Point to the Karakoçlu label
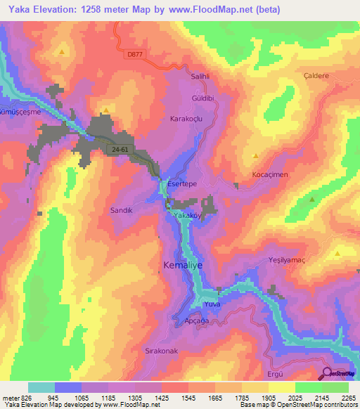(186, 119)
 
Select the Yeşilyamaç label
(287, 260)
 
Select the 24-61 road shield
(121, 150)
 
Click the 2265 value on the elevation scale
(349, 398)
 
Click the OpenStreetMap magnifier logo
(328, 374)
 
